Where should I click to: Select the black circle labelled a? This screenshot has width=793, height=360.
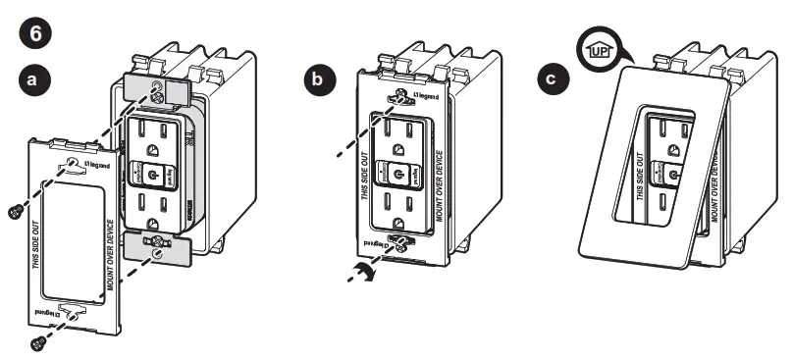33,81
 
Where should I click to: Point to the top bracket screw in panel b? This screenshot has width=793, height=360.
399,97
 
